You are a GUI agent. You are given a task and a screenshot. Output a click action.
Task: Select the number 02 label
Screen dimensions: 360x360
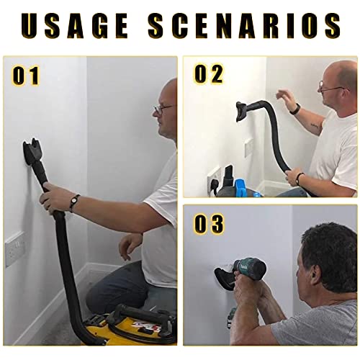click(x=209, y=74)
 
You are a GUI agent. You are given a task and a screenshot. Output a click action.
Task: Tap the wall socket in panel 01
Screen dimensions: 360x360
click(x=15, y=248)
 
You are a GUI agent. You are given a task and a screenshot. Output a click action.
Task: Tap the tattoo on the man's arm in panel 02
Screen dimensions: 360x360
click(x=315, y=127)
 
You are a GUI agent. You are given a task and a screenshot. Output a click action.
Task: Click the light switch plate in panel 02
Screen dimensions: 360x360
click(x=248, y=147)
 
